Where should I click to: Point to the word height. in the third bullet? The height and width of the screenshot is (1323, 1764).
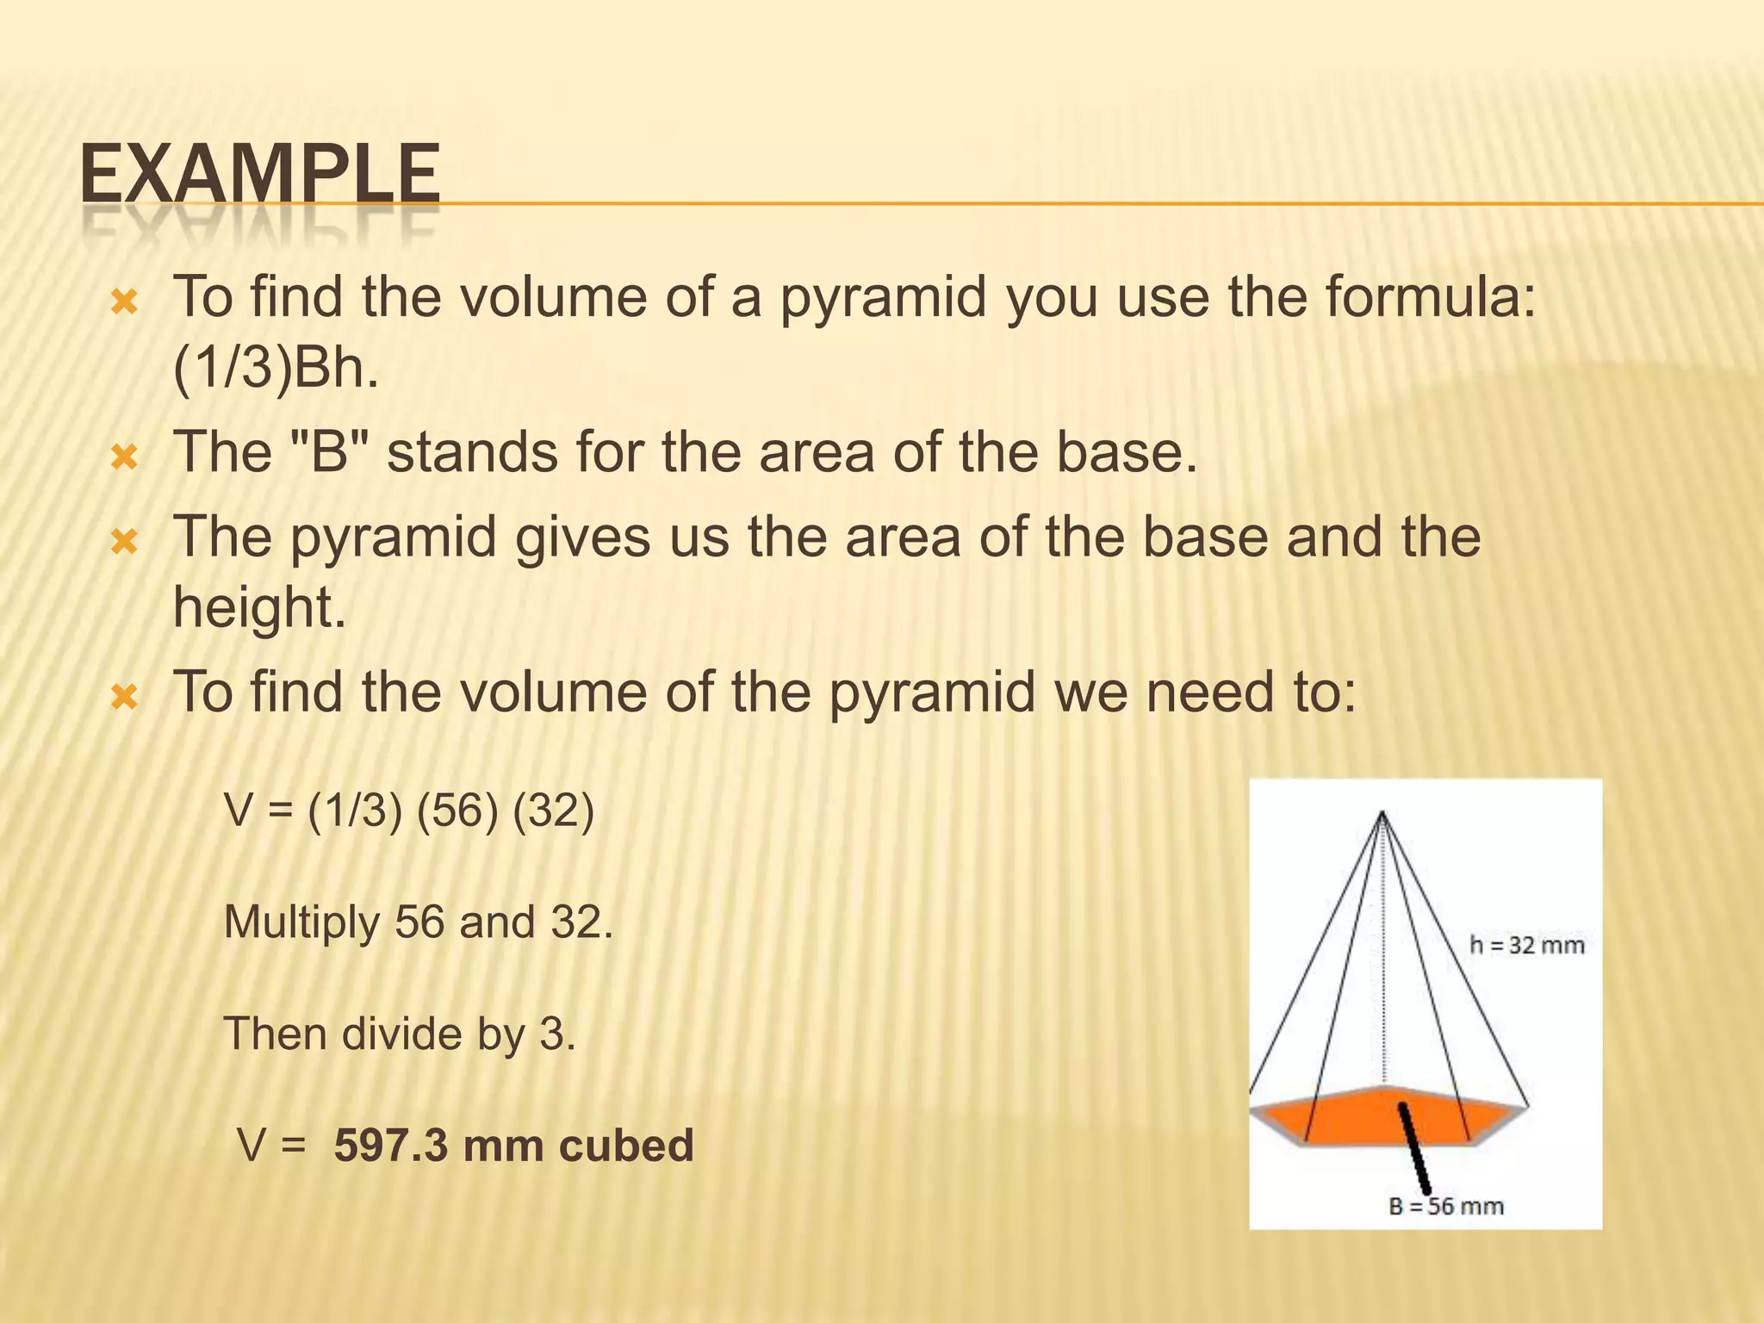tap(259, 607)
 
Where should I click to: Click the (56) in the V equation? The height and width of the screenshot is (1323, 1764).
tap(457, 811)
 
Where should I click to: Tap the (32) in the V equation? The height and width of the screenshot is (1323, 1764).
tap(553, 811)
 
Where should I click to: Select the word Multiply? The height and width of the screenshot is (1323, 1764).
tap(301, 922)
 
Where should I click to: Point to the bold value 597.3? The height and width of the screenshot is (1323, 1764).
tap(391, 1146)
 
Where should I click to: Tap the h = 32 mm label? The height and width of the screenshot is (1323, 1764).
tap(1526, 946)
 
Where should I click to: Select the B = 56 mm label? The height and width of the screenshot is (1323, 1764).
tap(1446, 1206)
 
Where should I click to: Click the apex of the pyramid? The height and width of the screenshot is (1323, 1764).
tap(1382, 812)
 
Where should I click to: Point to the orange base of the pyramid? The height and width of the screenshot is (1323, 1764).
tap(1344, 1120)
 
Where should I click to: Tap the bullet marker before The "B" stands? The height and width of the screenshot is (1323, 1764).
tap(125, 457)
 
